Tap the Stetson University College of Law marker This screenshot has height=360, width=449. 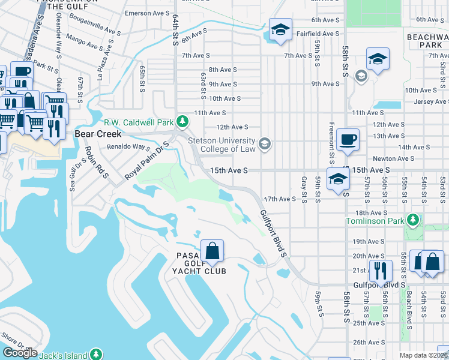[x=265, y=144]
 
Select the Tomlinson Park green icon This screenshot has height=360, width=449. [x=412, y=221]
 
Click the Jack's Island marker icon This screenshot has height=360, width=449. [x=95, y=355]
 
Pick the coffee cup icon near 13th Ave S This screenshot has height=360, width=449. [x=348, y=140]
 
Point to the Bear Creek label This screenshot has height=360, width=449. [x=98, y=134]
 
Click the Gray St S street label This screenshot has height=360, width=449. [x=304, y=189]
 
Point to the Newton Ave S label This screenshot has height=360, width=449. [x=393, y=158]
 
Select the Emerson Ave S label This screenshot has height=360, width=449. [x=147, y=13]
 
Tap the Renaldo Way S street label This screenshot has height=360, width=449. [x=128, y=146]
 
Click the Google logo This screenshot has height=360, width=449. [x=20, y=353]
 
